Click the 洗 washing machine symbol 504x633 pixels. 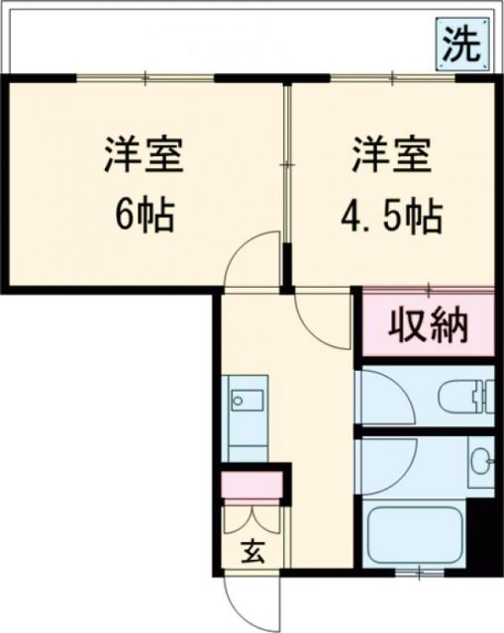click(x=462, y=45)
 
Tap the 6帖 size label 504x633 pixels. click(x=145, y=215)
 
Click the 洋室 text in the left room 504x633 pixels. click(x=145, y=156)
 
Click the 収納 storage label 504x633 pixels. click(x=428, y=325)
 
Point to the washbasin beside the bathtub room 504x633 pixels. click(x=481, y=461)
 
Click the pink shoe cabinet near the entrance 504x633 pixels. click(x=252, y=486)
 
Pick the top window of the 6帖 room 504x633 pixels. click(x=146, y=77)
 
